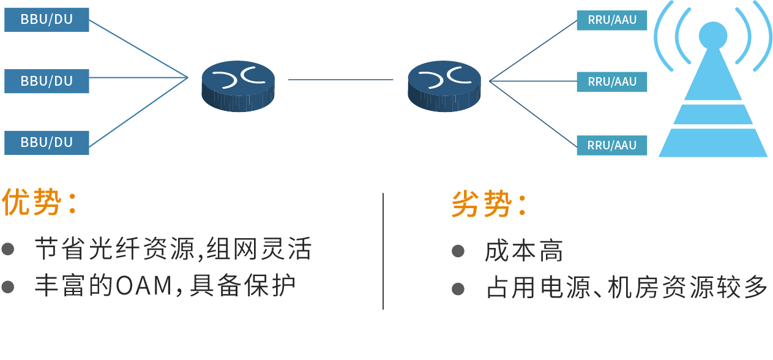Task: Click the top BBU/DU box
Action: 47,20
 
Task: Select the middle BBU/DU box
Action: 47,81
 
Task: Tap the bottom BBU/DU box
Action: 47,142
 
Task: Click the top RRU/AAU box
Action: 611,20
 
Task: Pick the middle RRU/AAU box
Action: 611,81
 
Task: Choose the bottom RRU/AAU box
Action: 611,145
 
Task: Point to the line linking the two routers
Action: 340,79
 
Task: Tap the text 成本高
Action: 523,251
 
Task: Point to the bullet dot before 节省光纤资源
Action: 8,249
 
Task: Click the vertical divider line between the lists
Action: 383,251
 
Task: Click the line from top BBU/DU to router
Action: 138,48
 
